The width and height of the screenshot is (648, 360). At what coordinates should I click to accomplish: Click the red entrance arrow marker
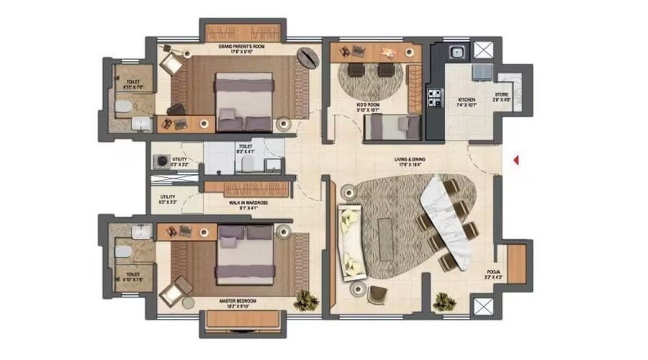click(516, 161)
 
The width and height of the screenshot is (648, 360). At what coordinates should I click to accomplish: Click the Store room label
click(502, 97)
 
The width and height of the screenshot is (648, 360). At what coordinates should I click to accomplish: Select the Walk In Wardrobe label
click(248, 203)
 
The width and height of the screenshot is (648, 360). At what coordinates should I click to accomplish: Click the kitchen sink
click(455, 53)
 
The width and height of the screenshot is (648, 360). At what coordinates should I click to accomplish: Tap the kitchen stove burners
click(435, 96)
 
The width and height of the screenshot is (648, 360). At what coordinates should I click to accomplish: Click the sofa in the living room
click(351, 241)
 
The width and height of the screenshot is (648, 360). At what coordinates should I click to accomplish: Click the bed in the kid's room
click(392, 128)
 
